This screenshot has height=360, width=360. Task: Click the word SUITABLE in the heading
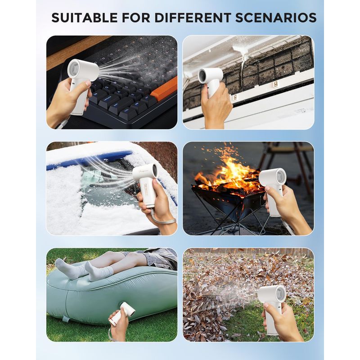85,18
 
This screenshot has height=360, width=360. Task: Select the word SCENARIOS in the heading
276,18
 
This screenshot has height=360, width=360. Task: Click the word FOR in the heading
136,18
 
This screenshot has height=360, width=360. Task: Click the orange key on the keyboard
165,88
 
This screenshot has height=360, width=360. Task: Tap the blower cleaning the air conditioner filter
210,81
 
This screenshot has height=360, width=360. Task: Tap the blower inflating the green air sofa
119,313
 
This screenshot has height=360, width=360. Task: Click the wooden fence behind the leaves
248,252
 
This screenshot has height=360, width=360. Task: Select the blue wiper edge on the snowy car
90,160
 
